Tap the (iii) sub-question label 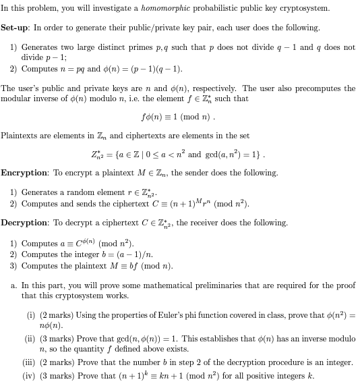point(32,362)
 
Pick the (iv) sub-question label point(32,375)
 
